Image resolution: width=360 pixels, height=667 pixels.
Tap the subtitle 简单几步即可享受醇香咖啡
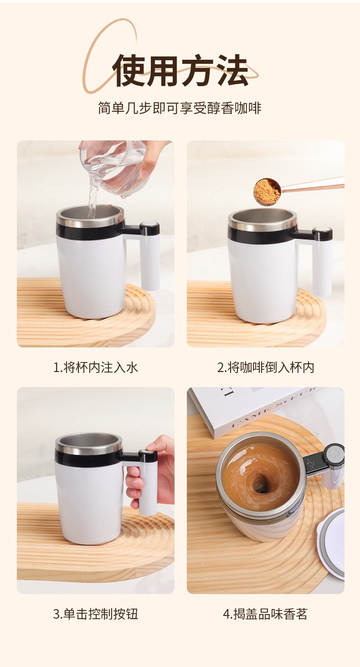pos(180,108)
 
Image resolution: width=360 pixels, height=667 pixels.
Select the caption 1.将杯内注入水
pos(96,367)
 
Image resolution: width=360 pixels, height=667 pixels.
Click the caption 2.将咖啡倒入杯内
pos(265,367)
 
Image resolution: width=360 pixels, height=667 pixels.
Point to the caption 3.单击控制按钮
pos(96,614)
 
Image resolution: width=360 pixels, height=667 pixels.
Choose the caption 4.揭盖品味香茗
pos(265,614)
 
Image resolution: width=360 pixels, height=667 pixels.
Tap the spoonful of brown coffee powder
pos(267,191)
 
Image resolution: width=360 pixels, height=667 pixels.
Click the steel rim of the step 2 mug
pos(263,218)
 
